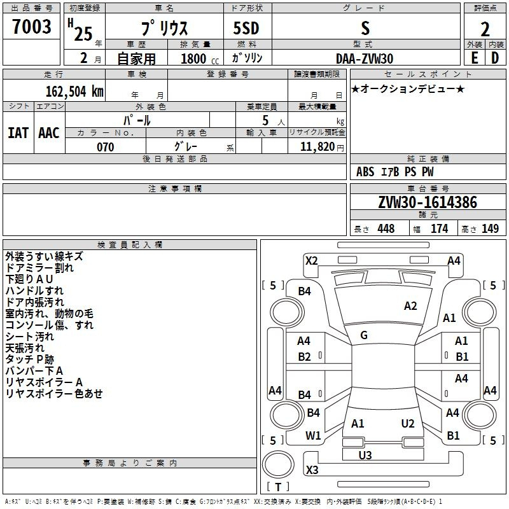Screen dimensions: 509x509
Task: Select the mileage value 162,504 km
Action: (x=74, y=91)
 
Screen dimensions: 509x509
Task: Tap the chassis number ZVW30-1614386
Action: (x=428, y=203)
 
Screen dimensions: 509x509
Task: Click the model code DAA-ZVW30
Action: (x=365, y=58)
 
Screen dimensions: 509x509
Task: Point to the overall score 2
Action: (x=485, y=29)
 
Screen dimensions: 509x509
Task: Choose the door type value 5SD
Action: (x=247, y=29)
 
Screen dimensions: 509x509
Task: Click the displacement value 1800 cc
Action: (x=193, y=59)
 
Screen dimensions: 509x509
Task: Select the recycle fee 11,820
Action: (x=317, y=147)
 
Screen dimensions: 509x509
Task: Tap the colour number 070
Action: (x=105, y=147)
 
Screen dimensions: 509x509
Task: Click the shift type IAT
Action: (x=18, y=132)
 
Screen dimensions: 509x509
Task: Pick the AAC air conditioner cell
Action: (x=49, y=132)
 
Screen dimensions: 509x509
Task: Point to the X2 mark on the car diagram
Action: (x=311, y=260)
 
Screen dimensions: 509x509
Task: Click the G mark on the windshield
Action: (x=364, y=335)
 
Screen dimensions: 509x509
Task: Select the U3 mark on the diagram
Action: (x=365, y=455)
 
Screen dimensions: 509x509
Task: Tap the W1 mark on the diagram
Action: (x=313, y=436)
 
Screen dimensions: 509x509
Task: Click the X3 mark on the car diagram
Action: (x=312, y=470)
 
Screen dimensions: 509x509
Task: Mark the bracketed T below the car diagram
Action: (x=277, y=487)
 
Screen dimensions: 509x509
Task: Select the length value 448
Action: (x=386, y=229)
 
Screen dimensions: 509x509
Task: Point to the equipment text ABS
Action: (x=365, y=172)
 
